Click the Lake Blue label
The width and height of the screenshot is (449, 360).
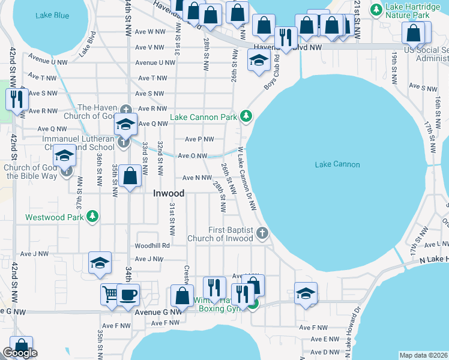[52, 15]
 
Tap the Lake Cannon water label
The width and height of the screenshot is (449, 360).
[337, 164]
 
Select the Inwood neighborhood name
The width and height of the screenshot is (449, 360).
[169, 193]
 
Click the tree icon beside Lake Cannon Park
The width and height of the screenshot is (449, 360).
[245, 115]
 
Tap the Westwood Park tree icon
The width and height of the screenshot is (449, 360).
[92, 216]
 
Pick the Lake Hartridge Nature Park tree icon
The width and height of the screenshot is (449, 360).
[376, 9]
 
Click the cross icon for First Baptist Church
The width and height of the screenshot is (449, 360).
[261, 233]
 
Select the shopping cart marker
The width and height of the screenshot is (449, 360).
[110, 294]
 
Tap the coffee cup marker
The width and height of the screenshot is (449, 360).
[128, 294]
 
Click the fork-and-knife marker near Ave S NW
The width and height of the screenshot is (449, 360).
[16, 98]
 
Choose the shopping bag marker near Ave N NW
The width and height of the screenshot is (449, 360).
[130, 176]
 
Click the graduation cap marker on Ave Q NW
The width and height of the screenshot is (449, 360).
[126, 124]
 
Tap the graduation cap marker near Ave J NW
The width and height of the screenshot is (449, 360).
[100, 262]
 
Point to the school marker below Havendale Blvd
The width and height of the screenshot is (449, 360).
[259, 60]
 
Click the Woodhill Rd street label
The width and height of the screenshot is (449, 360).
[152, 245]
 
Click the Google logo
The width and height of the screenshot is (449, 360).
[20, 353]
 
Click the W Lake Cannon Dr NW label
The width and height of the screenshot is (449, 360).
[247, 179]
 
